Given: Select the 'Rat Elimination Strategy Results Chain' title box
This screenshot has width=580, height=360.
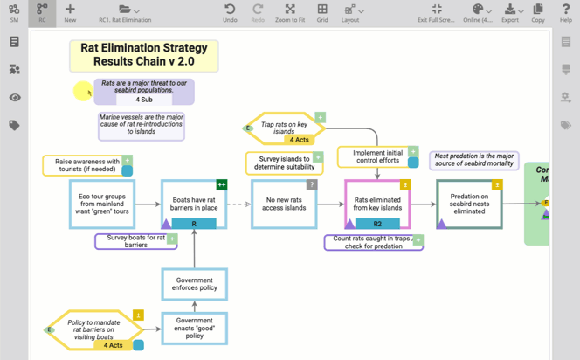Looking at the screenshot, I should click(143, 56).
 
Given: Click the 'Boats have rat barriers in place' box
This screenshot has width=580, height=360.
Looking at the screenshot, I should click(194, 200).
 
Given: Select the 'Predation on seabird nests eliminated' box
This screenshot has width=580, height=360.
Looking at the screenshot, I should click(469, 204).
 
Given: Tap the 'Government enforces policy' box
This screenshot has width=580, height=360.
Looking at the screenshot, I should click(194, 284).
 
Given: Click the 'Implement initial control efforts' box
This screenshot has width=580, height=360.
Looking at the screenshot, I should click(377, 157).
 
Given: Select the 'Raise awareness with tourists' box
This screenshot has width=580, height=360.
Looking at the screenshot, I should click(86, 165).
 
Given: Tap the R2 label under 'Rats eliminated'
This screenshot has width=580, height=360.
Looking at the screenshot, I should click(377, 224).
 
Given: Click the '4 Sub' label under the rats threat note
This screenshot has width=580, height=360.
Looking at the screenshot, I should click(143, 99).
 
